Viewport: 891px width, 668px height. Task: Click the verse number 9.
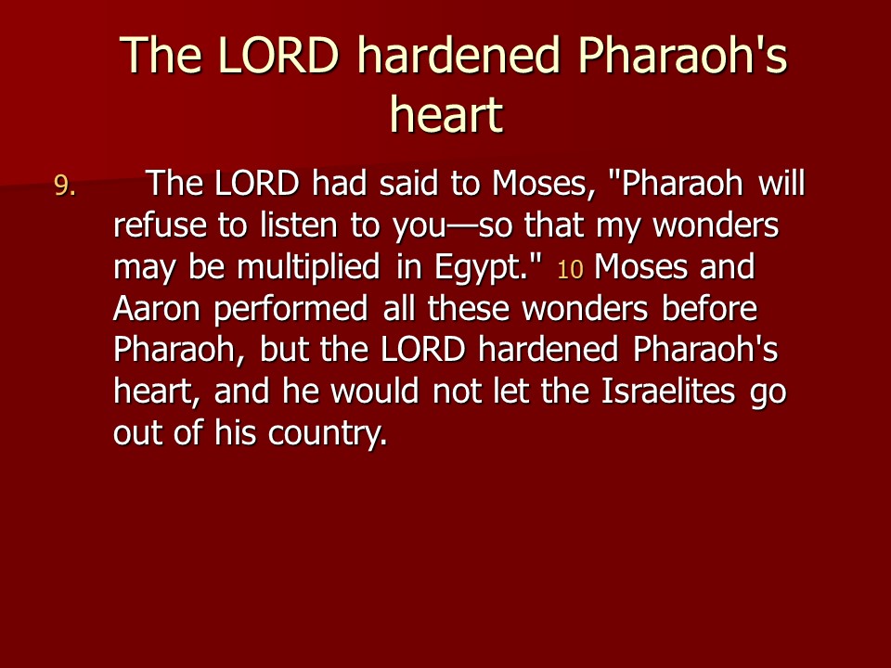click(x=65, y=186)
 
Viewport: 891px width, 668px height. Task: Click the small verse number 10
click(x=570, y=270)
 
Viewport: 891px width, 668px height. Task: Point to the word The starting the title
click(x=161, y=55)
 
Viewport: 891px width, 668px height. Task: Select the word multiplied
click(x=308, y=268)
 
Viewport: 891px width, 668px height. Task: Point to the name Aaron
click(x=156, y=309)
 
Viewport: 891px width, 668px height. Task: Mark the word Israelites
click(x=667, y=391)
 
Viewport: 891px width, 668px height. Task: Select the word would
click(x=374, y=391)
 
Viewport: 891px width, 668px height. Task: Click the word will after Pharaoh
click(x=781, y=183)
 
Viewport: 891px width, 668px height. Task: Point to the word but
click(x=285, y=350)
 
